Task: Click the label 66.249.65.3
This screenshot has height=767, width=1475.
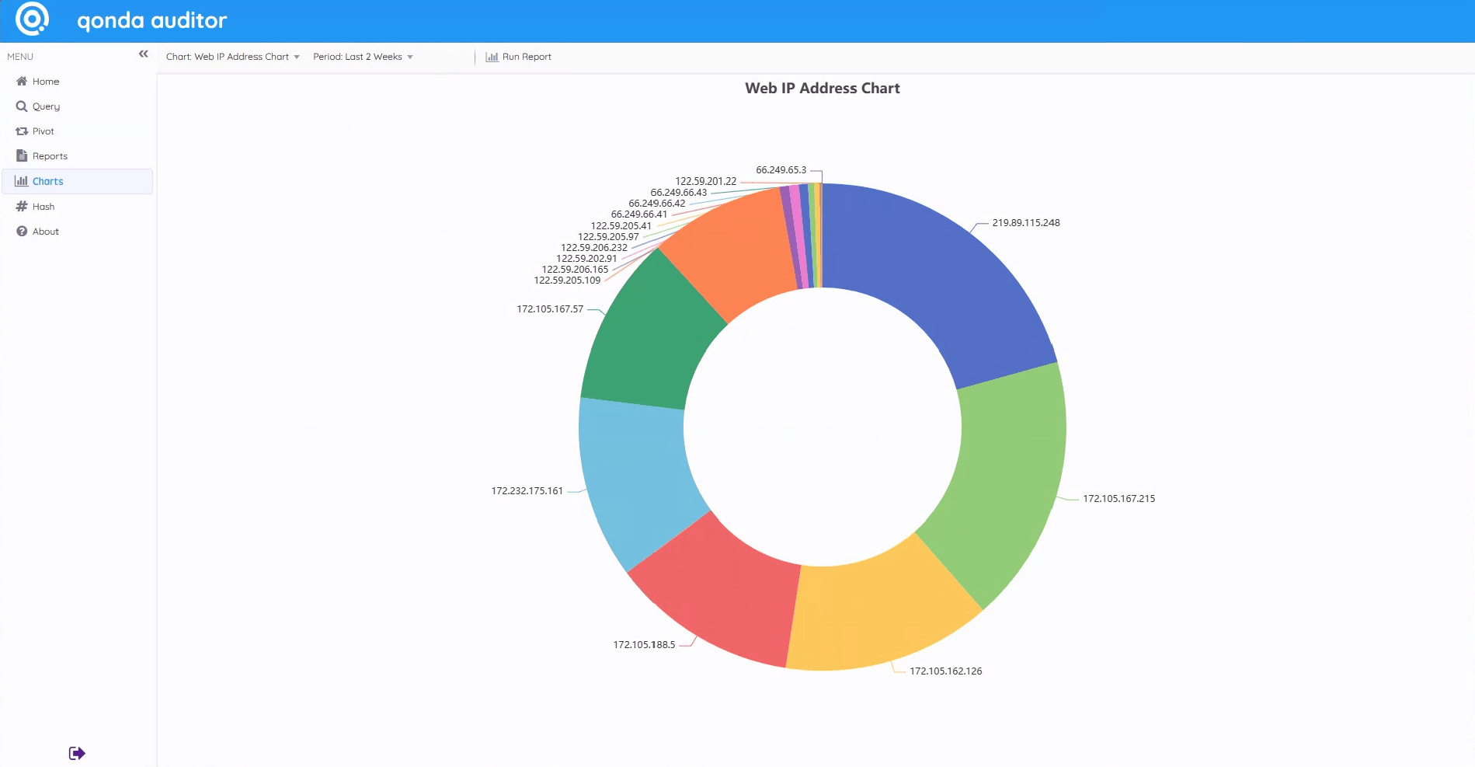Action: coord(781,170)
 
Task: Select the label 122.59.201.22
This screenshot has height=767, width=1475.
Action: coord(705,181)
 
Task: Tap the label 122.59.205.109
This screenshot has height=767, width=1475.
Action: coord(567,281)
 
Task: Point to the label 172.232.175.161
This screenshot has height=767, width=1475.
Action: coord(527,491)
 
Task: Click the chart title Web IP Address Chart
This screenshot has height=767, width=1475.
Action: coord(822,89)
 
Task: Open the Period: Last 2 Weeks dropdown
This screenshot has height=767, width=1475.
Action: coord(363,57)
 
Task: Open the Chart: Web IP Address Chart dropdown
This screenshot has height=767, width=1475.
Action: coord(232,57)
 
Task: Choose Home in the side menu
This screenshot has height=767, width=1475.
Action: coord(45,82)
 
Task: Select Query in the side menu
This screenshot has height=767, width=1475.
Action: coord(45,106)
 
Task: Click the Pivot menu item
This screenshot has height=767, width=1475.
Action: coord(43,131)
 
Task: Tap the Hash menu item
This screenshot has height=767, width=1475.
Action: coord(43,207)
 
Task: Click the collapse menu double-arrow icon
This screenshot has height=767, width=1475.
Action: coord(144,54)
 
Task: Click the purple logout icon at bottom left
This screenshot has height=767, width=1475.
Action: coord(77,753)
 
